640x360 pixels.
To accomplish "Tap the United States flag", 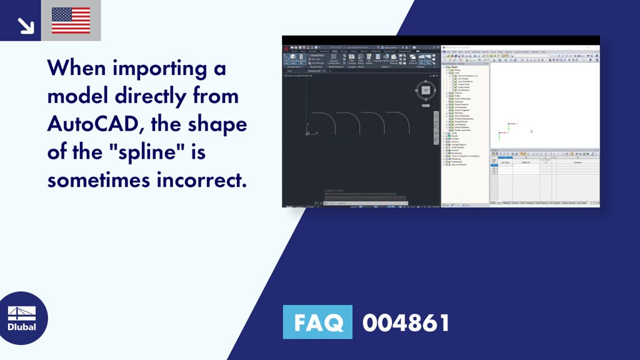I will click(71, 21).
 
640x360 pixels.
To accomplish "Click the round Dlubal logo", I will click(22, 318).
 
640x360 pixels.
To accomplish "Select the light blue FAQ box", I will click(317, 322).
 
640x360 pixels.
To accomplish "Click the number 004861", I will click(406, 322).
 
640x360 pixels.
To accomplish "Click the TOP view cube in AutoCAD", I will click(426, 91).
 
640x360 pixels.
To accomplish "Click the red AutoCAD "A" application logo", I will click(285, 49).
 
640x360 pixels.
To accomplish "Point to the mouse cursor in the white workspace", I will click(531, 131).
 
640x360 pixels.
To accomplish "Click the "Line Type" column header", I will click(504, 162).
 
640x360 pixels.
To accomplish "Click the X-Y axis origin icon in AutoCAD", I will click(307, 132).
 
